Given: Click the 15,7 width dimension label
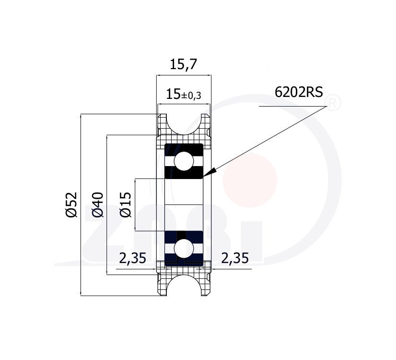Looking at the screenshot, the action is point(183,65).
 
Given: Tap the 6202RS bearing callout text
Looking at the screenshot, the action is point(299,92).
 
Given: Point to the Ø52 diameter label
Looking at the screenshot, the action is point(71,205).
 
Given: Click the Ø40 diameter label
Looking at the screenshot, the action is point(98,205).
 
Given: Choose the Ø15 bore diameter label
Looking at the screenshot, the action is point(126,205).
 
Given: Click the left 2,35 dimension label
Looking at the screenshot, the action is point(133,258).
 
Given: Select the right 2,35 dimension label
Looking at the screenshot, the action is point(235,258).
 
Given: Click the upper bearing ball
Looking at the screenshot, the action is point(184,161).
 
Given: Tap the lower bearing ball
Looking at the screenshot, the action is point(184,249).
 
